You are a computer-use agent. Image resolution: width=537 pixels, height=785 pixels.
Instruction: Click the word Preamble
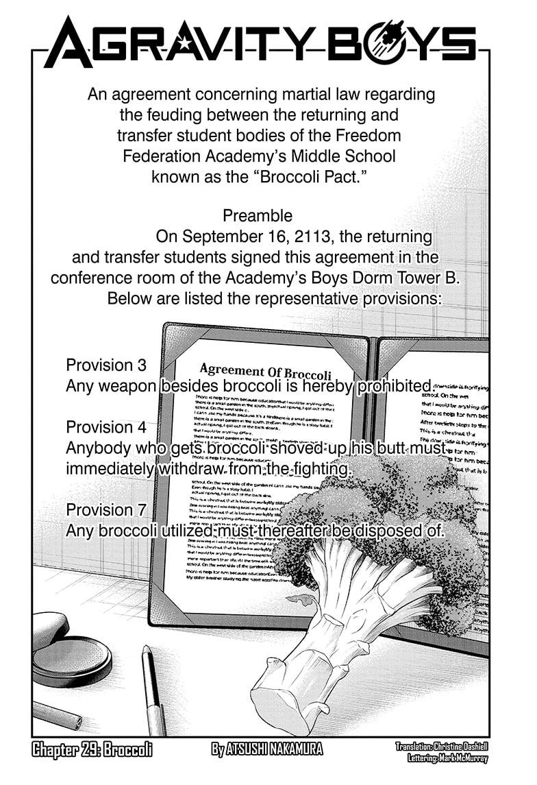point(258,215)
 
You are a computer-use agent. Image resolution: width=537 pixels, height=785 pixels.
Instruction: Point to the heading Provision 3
point(105,365)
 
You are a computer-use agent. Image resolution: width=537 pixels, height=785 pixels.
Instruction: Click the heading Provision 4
point(105,427)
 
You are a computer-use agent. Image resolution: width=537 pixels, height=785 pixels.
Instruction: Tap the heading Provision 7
point(105,510)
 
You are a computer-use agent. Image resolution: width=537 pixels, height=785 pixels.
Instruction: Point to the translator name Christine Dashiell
point(462,744)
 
